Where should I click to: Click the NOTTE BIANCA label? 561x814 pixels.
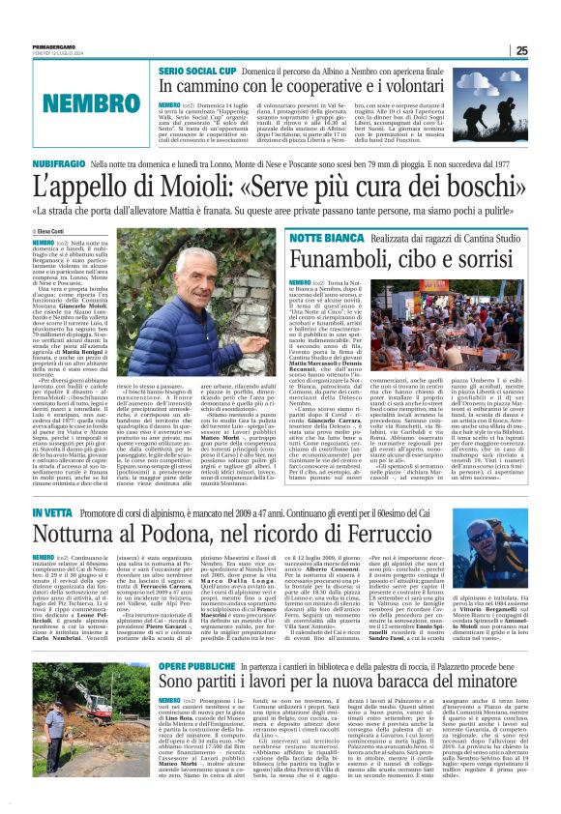[289, 237]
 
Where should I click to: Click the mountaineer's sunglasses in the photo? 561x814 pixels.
[485, 538]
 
